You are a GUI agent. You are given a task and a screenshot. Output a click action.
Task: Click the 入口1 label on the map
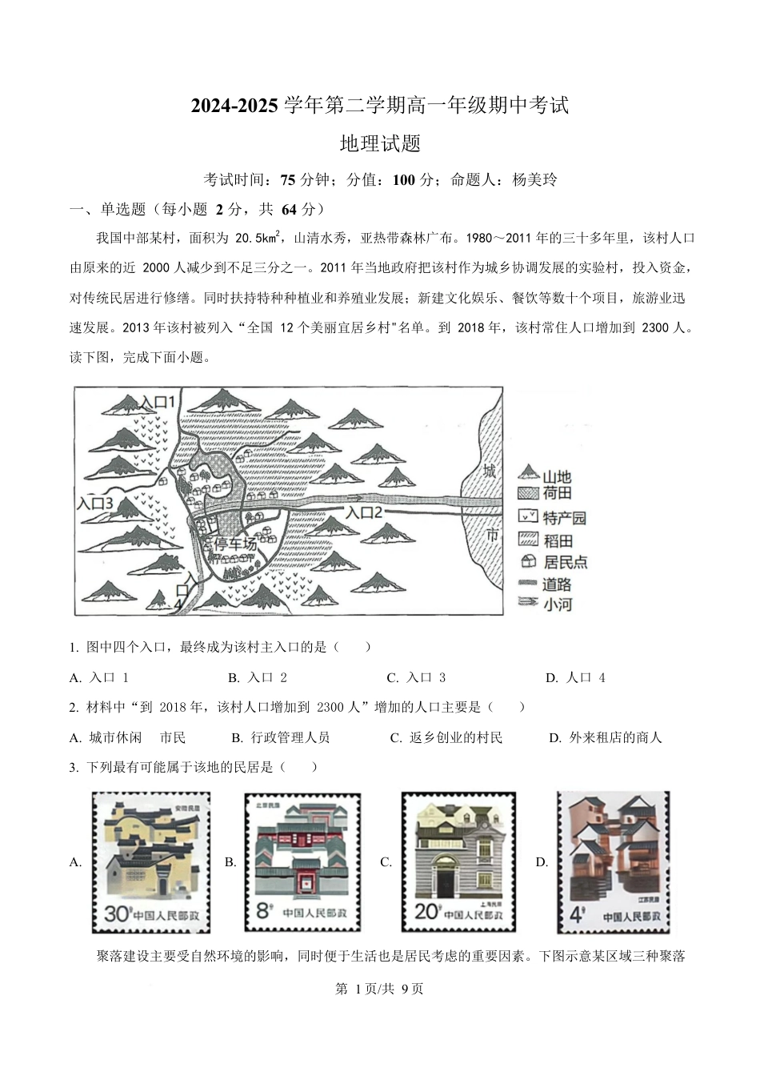coord(157,402)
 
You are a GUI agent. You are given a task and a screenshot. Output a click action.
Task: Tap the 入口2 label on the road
coord(365,512)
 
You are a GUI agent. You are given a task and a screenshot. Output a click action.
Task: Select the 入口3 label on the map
coord(94,504)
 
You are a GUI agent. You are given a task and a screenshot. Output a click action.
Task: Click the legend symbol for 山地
coord(529,474)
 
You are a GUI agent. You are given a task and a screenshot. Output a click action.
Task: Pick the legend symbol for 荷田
coord(529,494)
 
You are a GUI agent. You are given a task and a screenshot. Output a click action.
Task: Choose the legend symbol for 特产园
coord(529,517)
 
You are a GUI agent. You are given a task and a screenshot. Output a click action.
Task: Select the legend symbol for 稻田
coord(529,539)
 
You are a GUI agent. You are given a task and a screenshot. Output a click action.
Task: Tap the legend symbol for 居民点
coord(529,561)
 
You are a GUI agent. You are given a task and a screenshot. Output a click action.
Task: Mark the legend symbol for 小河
coord(529,603)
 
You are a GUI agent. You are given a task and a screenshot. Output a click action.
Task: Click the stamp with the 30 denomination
coord(151,862)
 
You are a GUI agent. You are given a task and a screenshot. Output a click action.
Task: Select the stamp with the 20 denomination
coord(458,862)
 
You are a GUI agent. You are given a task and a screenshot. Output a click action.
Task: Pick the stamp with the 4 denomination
coord(614,862)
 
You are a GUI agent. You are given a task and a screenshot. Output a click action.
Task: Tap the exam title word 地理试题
coord(380,144)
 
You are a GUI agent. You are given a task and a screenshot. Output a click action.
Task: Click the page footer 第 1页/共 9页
coord(379,989)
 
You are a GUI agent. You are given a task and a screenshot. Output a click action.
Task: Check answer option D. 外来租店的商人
coord(606,738)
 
